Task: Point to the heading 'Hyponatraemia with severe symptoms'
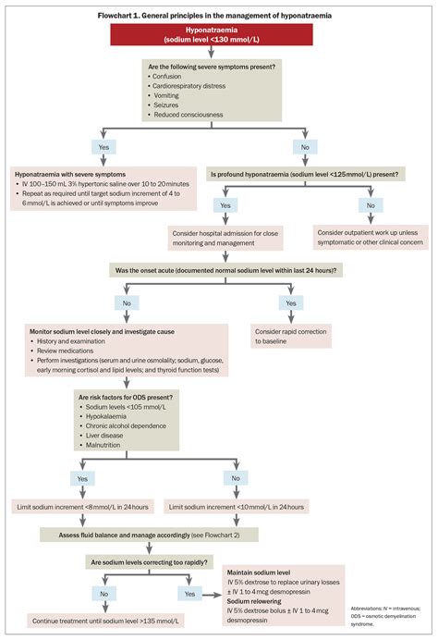pyautogui.click(x=70, y=173)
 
